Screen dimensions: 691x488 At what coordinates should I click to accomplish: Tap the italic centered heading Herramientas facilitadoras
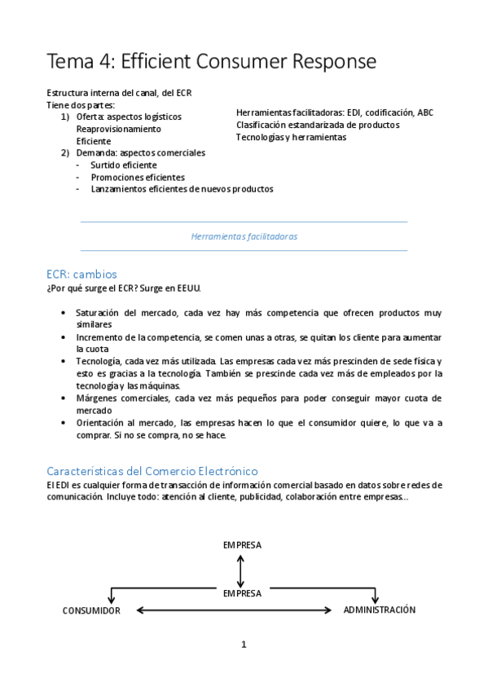click(244, 236)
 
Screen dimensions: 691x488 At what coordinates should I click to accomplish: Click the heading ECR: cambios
click(81, 274)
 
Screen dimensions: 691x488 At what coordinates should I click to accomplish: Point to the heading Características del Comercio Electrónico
click(152, 471)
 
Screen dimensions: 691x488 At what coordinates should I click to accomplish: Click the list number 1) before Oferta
click(65, 117)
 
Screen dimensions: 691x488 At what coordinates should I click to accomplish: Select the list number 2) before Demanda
click(65, 152)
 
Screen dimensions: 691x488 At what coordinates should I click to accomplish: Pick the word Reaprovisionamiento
click(118, 129)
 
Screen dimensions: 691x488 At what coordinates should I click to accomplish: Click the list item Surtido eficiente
click(124, 165)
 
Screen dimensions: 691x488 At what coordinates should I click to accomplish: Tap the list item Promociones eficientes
click(138, 177)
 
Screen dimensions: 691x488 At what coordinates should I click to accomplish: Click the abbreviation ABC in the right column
click(425, 112)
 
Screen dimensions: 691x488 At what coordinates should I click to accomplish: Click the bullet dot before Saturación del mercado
click(64, 313)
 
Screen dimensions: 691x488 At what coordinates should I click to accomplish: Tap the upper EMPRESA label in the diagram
click(242, 545)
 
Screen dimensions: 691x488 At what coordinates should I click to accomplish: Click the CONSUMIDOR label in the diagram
click(91, 610)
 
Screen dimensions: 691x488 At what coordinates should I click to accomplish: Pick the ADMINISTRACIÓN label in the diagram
click(379, 610)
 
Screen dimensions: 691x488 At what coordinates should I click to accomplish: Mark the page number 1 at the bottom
click(243, 645)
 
